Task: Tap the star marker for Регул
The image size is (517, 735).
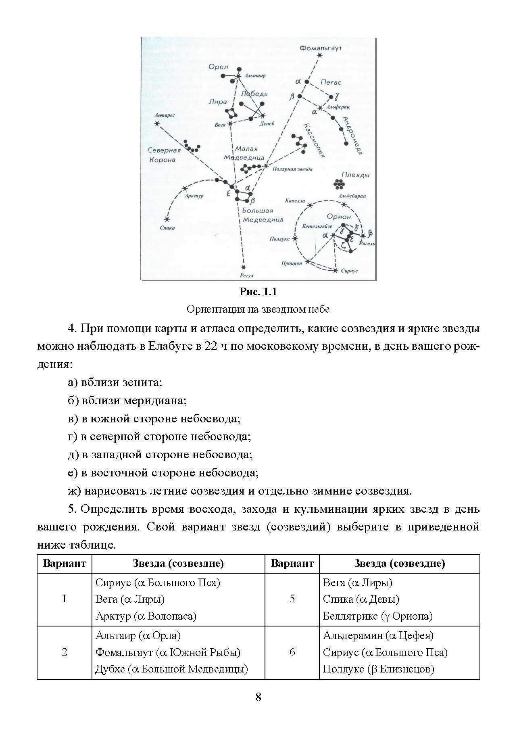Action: click(x=244, y=267)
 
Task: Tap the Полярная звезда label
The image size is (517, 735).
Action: click(x=292, y=169)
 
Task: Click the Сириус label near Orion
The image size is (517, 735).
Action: click(x=349, y=271)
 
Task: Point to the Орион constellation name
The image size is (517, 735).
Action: click(x=339, y=217)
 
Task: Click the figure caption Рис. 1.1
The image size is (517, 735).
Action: click(x=258, y=291)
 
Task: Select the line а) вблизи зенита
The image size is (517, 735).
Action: click(x=115, y=382)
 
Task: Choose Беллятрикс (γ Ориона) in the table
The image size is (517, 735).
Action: click(x=377, y=616)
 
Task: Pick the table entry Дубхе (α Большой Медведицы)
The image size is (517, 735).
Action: click(x=171, y=669)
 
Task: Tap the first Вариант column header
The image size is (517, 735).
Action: click(x=65, y=563)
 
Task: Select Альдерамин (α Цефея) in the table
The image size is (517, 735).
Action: click(x=378, y=635)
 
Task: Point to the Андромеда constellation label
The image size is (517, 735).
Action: click(x=352, y=136)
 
